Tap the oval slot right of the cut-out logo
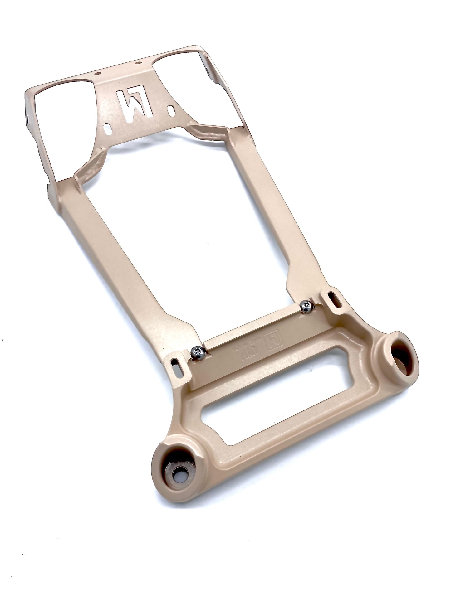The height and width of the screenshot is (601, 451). click(x=171, y=110)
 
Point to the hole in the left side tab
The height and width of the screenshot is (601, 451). click(x=27, y=119)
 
